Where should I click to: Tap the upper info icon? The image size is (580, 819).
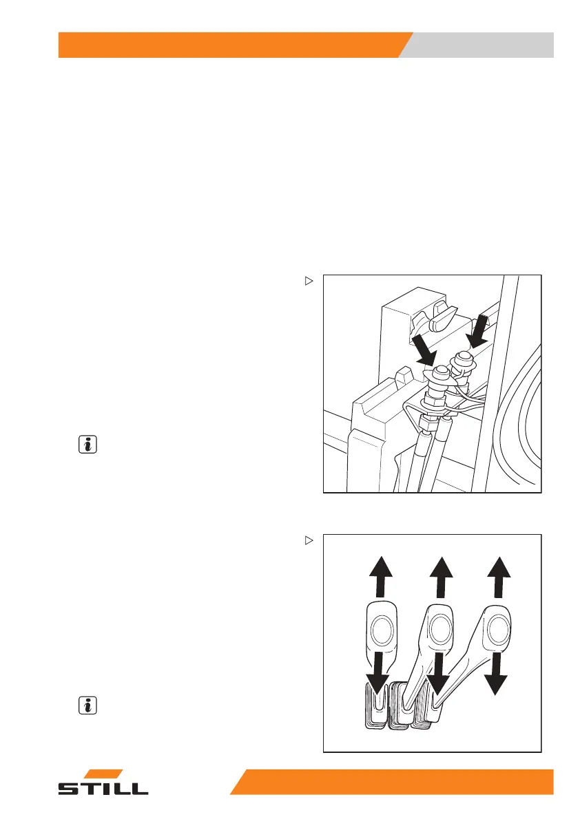tap(87, 445)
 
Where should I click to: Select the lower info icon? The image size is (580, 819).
tap(87, 705)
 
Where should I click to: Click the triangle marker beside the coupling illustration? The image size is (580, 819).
tap(309, 281)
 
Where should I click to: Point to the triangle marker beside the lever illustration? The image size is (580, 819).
tap(309, 540)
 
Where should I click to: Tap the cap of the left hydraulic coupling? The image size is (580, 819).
tap(439, 372)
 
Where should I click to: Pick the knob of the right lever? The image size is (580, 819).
tap(497, 628)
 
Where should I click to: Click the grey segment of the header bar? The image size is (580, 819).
tap(482, 45)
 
